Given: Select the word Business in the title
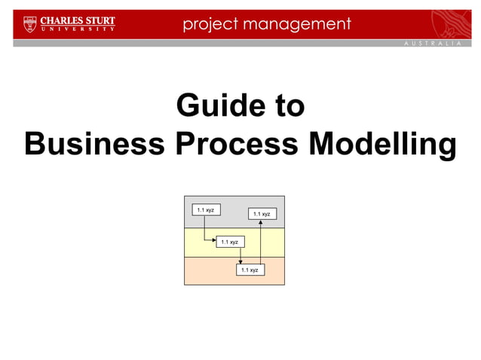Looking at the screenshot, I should (94, 144).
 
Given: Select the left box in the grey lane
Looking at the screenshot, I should (205, 209).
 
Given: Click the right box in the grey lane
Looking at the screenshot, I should (262, 214).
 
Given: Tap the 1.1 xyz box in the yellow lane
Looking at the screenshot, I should (229, 242).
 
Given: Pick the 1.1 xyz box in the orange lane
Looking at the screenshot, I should (250, 269).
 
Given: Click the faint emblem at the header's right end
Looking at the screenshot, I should (452, 23).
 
